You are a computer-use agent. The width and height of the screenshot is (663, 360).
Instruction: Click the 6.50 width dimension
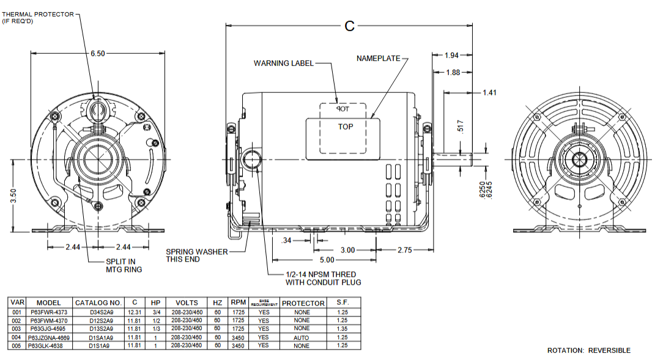[98, 54]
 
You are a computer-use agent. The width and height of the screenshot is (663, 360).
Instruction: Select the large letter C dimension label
[349, 26]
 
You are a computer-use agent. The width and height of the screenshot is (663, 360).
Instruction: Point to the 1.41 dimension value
[489, 93]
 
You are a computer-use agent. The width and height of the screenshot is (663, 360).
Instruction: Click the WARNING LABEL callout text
[284, 63]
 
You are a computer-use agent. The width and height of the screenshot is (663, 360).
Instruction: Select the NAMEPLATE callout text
[379, 59]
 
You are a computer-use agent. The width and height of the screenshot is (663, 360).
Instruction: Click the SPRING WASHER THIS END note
[197, 255]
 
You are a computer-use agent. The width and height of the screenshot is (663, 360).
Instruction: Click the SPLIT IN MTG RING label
[124, 266]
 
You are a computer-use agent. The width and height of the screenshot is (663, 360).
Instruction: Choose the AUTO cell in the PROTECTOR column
[302, 337]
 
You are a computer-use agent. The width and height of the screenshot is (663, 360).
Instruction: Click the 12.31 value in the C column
[135, 312]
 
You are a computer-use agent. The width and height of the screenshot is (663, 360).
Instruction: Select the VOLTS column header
[187, 303]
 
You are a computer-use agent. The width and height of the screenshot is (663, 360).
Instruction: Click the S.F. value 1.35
[342, 329]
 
